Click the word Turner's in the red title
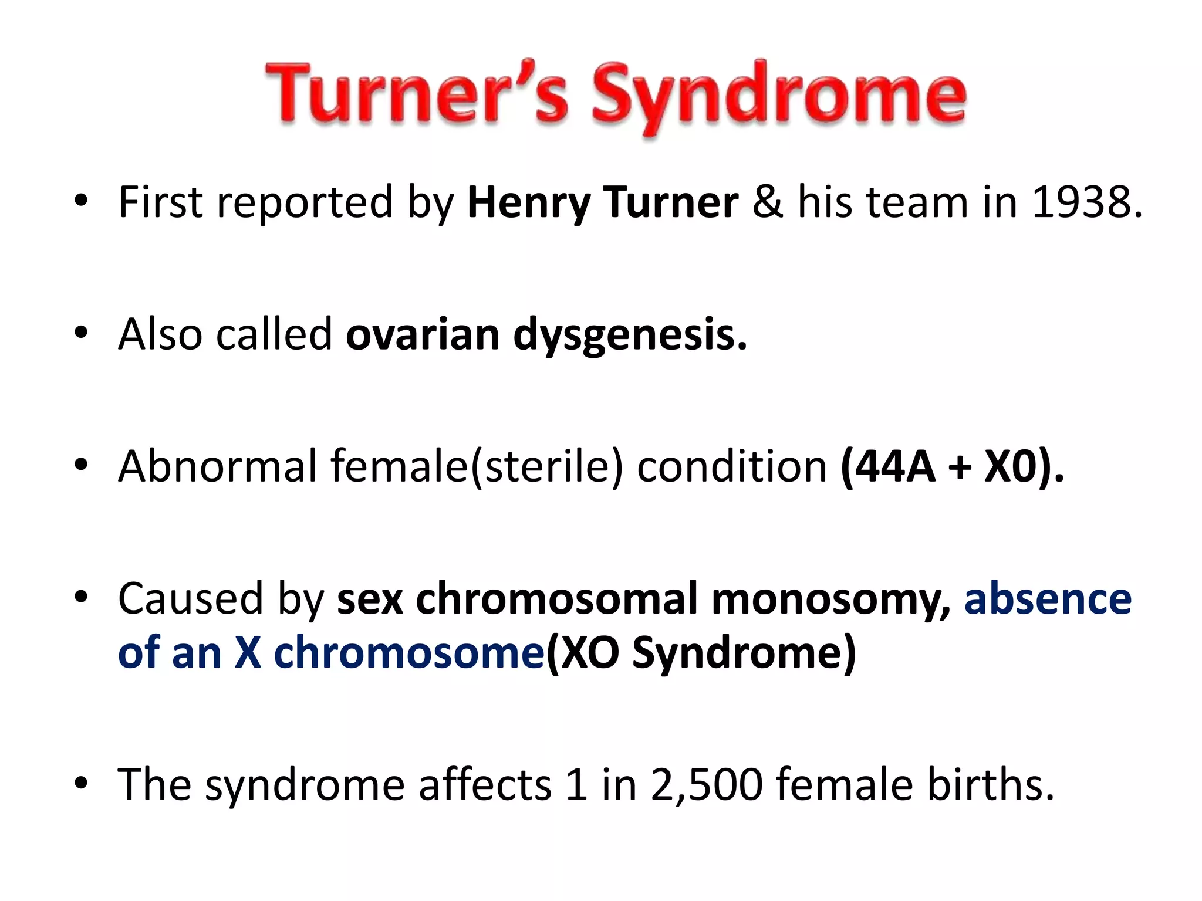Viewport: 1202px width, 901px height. point(417,94)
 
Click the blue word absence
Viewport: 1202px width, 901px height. point(1048,598)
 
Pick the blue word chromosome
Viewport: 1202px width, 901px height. point(409,652)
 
